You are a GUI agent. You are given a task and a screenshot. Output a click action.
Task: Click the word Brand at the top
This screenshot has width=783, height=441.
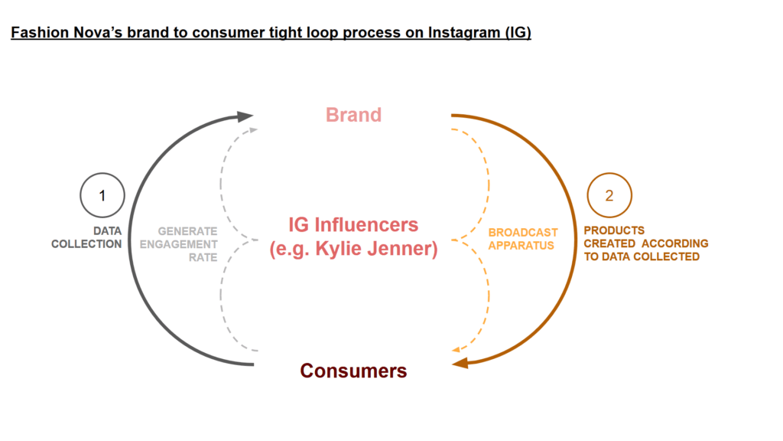(x=353, y=115)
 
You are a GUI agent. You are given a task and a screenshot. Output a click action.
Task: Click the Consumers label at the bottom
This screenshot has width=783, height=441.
(x=353, y=371)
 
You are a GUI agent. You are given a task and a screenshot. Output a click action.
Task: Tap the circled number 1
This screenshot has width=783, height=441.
(x=102, y=196)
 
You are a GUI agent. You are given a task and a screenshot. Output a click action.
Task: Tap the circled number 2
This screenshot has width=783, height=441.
(x=609, y=196)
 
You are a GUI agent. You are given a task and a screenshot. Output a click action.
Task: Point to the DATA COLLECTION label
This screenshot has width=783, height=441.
(x=86, y=237)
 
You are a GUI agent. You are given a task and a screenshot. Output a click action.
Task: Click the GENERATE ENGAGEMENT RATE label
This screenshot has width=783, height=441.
(x=187, y=244)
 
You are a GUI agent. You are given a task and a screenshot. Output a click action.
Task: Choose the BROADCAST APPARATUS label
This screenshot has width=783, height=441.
(x=523, y=239)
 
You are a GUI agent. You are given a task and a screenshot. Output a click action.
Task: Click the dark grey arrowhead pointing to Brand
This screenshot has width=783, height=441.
(x=245, y=116)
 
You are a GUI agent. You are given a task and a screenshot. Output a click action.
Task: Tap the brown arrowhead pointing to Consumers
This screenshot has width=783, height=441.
(x=460, y=364)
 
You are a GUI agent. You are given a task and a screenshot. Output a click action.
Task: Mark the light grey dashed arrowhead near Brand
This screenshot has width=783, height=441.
(x=253, y=130)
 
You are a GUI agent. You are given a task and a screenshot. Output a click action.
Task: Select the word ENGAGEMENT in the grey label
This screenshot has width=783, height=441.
(x=187, y=244)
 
